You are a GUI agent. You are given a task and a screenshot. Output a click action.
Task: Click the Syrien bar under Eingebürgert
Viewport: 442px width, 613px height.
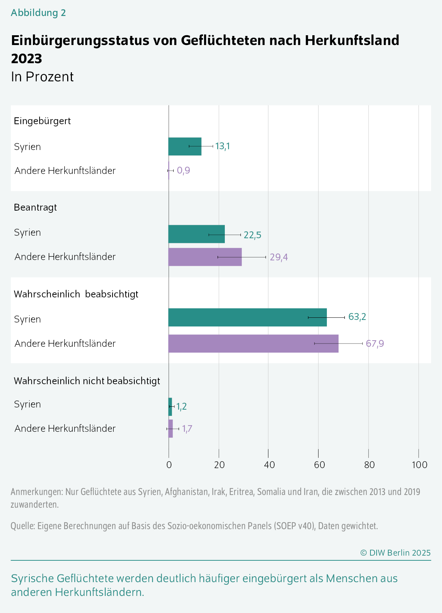coord(184,146)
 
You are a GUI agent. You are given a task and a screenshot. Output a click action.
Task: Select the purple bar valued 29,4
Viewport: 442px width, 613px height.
coord(205,257)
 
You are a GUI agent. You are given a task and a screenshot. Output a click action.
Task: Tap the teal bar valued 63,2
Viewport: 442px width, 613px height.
coord(247,317)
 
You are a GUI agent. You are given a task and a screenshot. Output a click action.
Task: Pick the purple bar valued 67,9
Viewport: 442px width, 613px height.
coord(253,344)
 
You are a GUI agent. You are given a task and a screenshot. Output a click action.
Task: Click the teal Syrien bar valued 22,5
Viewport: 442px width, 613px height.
coord(196,234)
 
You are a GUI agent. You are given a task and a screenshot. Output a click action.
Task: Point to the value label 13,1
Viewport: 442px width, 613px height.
coord(223,146)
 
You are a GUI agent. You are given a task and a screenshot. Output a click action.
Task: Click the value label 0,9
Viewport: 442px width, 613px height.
coord(183,170)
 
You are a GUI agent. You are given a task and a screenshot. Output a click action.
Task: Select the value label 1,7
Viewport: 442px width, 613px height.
coord(187,429)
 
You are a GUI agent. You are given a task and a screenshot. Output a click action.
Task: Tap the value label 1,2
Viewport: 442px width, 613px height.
coord(182,406)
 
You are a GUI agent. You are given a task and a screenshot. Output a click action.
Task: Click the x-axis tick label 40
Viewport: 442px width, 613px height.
coord(269,465)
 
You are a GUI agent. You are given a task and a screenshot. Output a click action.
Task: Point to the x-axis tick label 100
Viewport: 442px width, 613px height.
coord(419,465)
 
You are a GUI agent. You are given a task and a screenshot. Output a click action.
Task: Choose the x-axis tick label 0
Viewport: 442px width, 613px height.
coord(169,465)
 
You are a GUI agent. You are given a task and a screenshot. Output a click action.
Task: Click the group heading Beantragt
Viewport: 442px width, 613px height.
coord(35,207)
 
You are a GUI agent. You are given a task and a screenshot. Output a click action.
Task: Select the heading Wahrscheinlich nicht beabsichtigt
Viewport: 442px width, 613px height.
coord(87,381)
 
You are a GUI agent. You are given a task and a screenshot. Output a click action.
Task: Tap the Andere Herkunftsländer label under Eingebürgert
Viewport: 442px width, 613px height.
coord(65,171)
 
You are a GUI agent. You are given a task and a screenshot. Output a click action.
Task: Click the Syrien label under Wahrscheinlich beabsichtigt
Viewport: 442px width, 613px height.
coord(27,319)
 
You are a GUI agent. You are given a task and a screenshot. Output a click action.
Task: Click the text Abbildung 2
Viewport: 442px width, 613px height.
coord(38,13)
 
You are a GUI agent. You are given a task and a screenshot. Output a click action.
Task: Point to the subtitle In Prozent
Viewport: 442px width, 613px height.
coord(42,77)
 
